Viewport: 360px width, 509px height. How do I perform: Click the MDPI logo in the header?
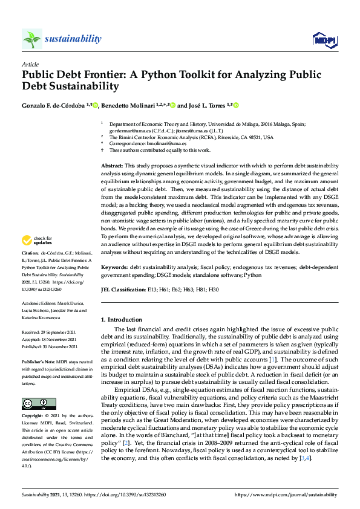[324, 40]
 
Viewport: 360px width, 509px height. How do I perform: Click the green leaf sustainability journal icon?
[31, 39]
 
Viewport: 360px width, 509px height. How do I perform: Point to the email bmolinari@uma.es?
[165, 143]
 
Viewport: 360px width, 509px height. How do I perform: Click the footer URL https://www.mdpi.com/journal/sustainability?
[286, 494]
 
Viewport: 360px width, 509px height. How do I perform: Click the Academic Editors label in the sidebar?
[38, 303]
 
